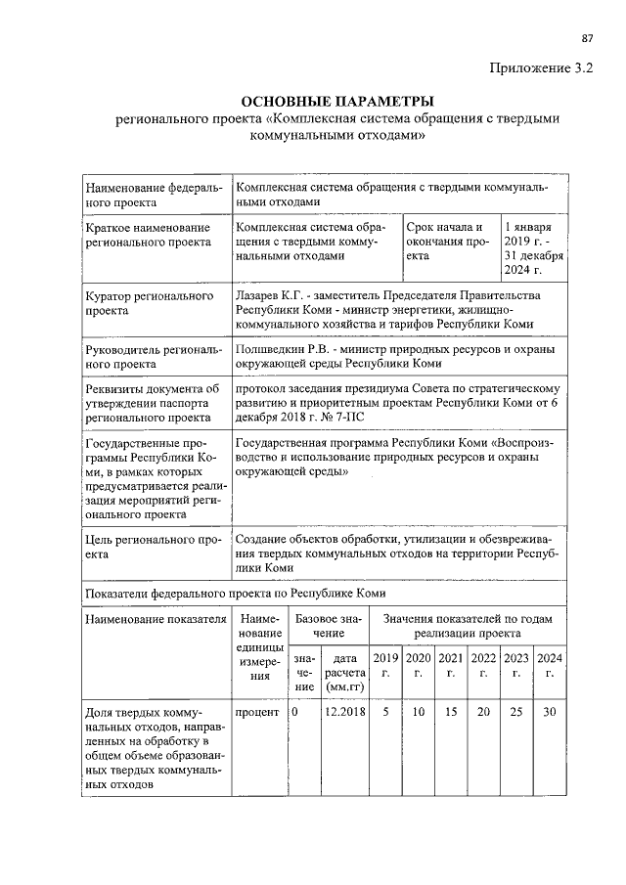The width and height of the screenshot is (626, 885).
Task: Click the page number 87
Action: [588, 38]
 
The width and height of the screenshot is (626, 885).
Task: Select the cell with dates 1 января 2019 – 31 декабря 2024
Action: [534, 248]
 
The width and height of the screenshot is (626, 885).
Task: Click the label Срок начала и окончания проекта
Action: [446, 242]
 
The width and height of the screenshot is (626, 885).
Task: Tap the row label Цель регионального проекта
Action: [150, 546]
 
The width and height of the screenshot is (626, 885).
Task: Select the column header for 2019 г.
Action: [385, 665]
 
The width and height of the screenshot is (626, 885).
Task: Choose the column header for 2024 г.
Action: [550, 665]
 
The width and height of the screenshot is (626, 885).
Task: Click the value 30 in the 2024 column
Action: [550, 712]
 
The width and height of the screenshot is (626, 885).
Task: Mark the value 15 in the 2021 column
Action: [450, 712]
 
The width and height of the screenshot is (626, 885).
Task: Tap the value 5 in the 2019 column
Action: [385, 712]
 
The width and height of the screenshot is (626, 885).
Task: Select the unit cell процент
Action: [257, 712]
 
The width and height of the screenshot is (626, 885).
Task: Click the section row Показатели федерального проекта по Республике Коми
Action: [236, 593]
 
